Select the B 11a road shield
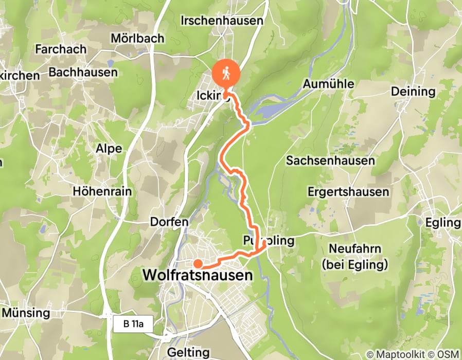[x=129, y=325]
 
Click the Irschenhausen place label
[x=222, y=21]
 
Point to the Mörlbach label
[x=137, y=38]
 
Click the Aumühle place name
[x=329, y=84]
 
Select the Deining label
[x=413, y=92]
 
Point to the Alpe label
[x=109, y=149]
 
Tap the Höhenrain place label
[x=102, y=191]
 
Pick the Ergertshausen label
[x=348, y=192]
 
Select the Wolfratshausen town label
[x=198, y=276]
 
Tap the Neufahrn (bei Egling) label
[x=356, y=257]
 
